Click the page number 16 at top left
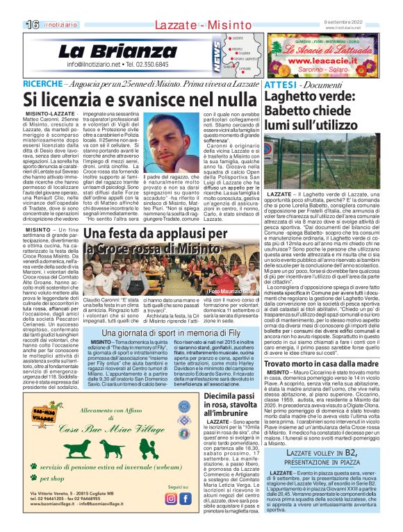pyautogui.click(x=31, y=24)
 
